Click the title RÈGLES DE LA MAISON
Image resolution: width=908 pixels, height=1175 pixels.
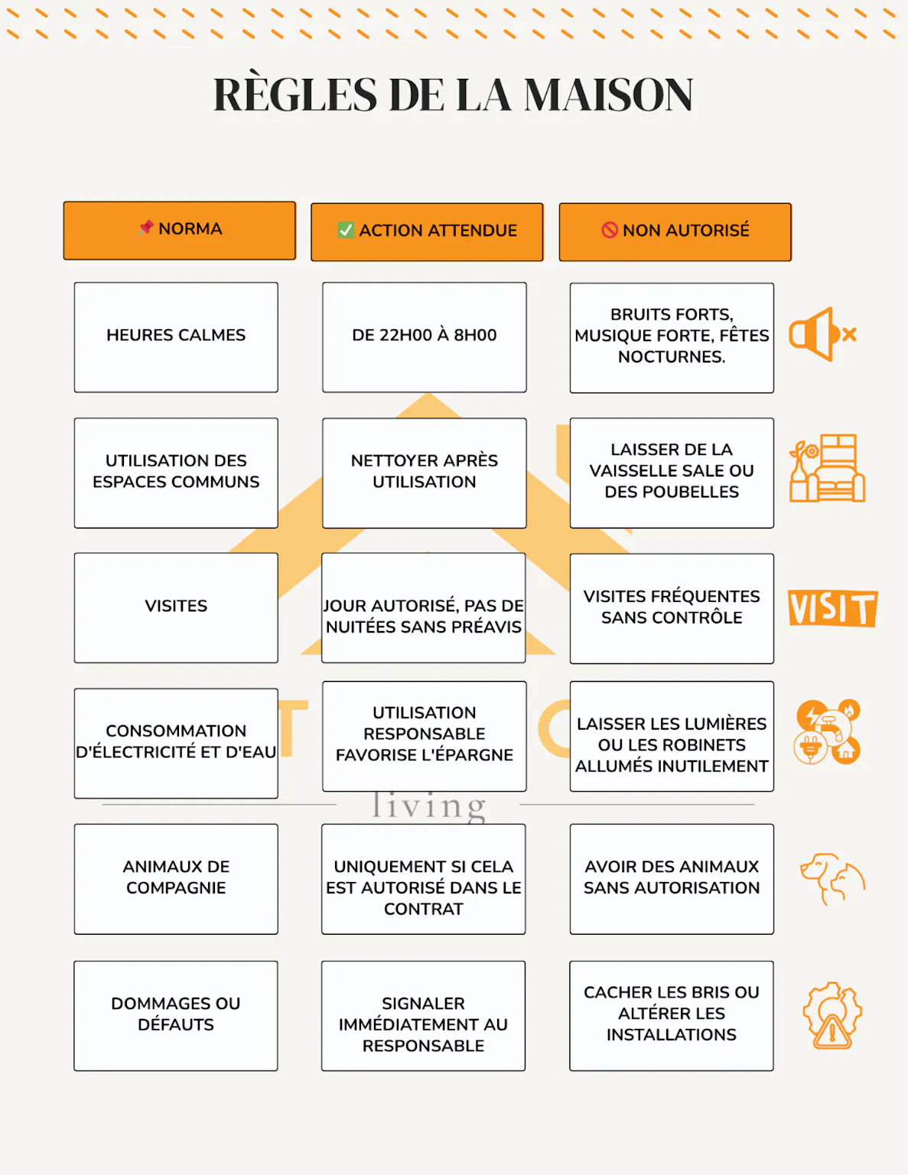point(453,95)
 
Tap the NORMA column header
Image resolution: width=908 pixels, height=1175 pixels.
point(179,230)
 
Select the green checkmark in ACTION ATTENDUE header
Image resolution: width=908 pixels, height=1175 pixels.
point(346,230)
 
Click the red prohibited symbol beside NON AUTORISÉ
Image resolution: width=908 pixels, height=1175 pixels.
point(609,230)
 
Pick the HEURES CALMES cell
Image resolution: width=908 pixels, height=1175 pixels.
point(176,337)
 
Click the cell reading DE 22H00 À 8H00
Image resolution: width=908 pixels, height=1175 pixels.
point(424,337)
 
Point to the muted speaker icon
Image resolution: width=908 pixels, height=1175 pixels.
point(822,335)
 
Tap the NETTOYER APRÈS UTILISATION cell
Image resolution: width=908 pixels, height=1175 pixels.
point(424,472)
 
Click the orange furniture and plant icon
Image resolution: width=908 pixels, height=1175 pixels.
point(827,469)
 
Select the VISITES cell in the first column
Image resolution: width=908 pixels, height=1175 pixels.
point(176,607)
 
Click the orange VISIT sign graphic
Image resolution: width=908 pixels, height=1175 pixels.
point(832,609)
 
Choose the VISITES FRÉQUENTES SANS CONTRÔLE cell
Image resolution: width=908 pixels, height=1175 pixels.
point(672,607)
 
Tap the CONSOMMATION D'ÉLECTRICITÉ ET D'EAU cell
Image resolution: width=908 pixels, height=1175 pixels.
point(176,743)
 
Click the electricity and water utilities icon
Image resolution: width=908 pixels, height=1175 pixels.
point(828,732)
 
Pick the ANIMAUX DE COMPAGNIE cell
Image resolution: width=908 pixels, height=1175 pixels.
point(176,878)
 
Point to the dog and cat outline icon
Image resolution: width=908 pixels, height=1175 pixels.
point(832,878)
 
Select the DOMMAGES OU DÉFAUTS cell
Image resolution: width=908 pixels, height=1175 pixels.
point(176,1015)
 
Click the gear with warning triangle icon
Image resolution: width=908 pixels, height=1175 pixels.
point(832,1015)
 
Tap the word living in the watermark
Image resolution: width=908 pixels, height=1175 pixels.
point(428,806)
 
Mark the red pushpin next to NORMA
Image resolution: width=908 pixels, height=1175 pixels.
point(147,227)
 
